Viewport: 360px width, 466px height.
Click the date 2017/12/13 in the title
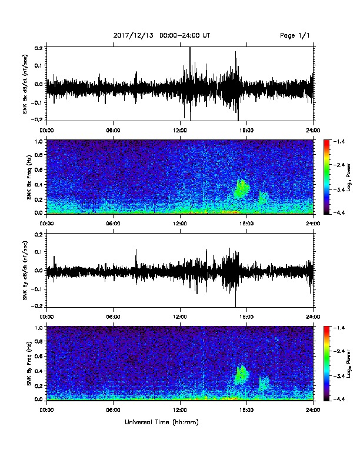pyautogui.click(x=134, y=36)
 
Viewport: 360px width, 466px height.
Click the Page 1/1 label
pyautogui.click(x=295, y=36)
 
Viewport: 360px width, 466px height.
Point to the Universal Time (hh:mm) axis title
pyautogui.click(x=162, y=422)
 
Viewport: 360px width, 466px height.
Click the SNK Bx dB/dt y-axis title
pyautogui.click(x=25, y=84)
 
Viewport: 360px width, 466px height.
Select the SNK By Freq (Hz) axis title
pyautogui.click(x=29, y=364)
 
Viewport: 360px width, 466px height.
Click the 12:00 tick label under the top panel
pyautogui.click(x=180, y=131)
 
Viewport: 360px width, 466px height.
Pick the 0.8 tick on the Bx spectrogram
pyautogui.click(x=39, y=155)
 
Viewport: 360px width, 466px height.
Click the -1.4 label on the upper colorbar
pyautogui.click(x=339, y=141)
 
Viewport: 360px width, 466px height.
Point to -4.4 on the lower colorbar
pyautogui.click(x=339, y=399)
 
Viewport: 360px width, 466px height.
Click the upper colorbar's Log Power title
pyautogui.click(x=348, y=177)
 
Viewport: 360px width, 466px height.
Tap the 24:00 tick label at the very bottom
pyautogui.click(x=314, y=410)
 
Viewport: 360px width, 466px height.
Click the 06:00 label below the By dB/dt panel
pyautogui.click(x=113, y=317)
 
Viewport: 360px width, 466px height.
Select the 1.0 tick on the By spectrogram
pyautogui.click(x=39, y=328)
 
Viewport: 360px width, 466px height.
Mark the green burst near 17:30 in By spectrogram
pyautogui.click(x=242, y=375)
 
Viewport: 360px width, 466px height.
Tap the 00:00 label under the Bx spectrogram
pyautogui.click(x=46, y=224)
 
